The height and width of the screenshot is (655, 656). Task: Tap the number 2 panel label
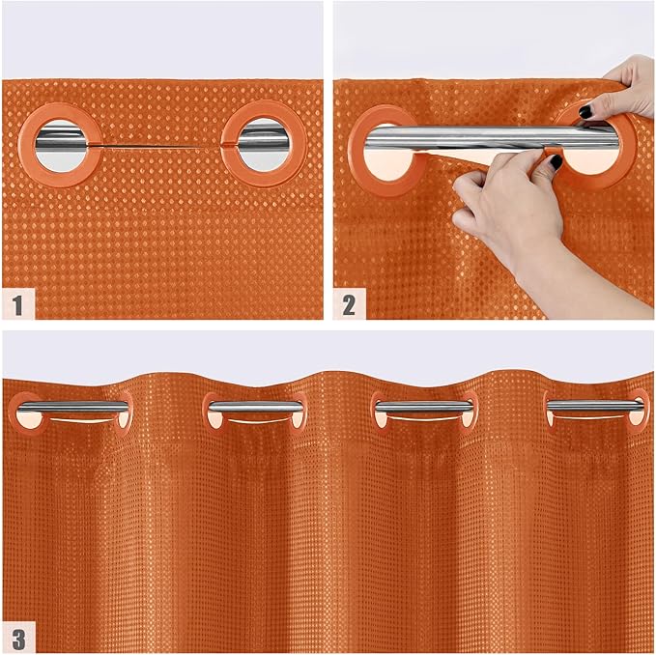click(x=348, y=306)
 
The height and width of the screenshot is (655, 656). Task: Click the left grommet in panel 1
click(x=61, y=144)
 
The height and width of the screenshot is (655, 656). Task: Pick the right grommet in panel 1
click(x=259, y=144)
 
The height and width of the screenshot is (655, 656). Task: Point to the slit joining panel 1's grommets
click(x=159, y=146)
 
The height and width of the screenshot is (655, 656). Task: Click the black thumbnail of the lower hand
click(x=556, y=163)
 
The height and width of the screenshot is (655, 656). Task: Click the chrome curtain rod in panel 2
click(x=454, y=137)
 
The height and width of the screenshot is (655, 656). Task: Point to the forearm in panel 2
click(x=589, y=275)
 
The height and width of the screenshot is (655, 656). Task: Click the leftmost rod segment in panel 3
click(x=72, y=407)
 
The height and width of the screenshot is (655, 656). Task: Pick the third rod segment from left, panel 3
click(x=424, y=407)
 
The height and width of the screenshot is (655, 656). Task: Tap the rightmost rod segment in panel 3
click(x=595, y=407)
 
